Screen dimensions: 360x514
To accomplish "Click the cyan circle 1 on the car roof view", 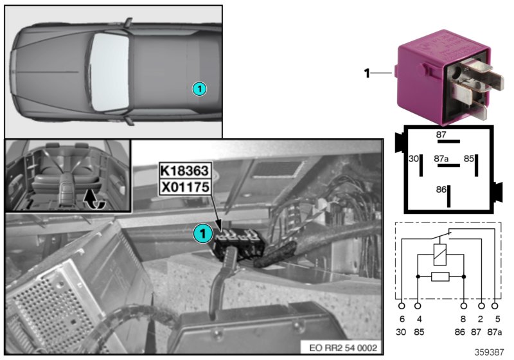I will (199, 89).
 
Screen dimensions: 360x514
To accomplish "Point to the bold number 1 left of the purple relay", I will (367, 74).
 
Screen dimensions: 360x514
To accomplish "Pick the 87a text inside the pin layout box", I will (441, 157).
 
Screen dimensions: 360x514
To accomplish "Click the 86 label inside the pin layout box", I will (439, 191).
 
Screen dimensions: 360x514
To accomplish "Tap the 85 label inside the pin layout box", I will (469, 157).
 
